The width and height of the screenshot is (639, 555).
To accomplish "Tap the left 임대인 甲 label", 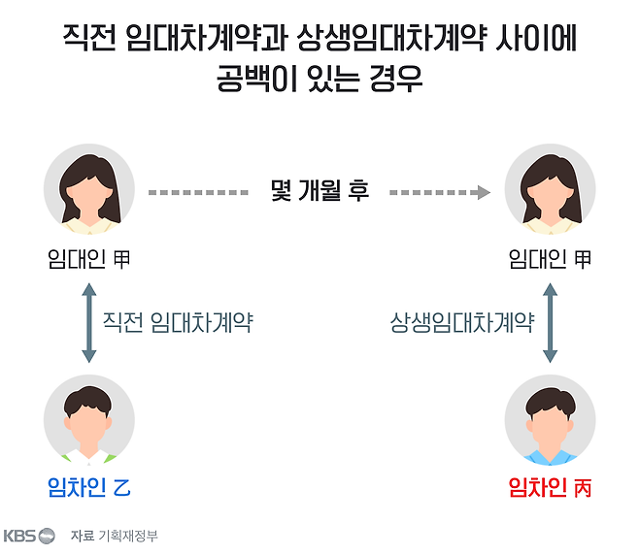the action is coord(88,259).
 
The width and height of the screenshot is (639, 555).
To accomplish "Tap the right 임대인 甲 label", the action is coord(550,259).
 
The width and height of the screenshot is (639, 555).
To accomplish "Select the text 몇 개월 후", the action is coord(319,191).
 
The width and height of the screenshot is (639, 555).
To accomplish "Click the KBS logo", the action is coord(29,536).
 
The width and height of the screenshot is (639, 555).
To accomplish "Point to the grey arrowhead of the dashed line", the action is coord(484,192).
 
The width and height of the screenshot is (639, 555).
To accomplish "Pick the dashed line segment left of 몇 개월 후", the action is coord(198,192).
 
